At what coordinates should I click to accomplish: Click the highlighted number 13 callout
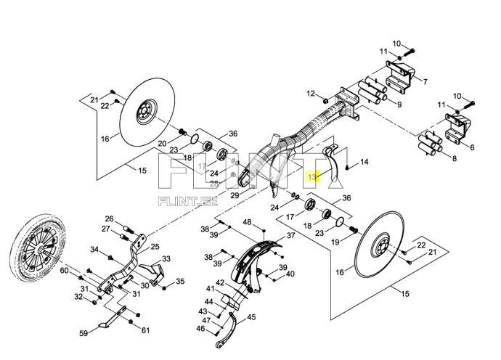[x=313, y=176]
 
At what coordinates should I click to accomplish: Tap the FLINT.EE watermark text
[x=187, y=202]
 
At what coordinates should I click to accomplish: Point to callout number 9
[x=398, y=105]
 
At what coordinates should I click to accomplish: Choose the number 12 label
[x=311, y=94]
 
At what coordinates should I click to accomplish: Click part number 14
[x=364, y=162]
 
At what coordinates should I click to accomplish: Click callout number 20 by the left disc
[x=162, y=143]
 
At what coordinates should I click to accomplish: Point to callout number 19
[x=335, y=242]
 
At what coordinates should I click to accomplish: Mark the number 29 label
[x=235, y=196]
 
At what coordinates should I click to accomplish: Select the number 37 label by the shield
[x=290, y=235]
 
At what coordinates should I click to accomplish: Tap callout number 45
[x=251, y=316]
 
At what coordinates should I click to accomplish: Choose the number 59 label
[x=83, y=334]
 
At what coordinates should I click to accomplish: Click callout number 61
[x=146, y=330]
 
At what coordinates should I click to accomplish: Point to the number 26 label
[x=109, y=218]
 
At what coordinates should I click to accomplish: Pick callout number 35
[x=180, y=282]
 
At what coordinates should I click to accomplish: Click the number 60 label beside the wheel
[x=64, y=271]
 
